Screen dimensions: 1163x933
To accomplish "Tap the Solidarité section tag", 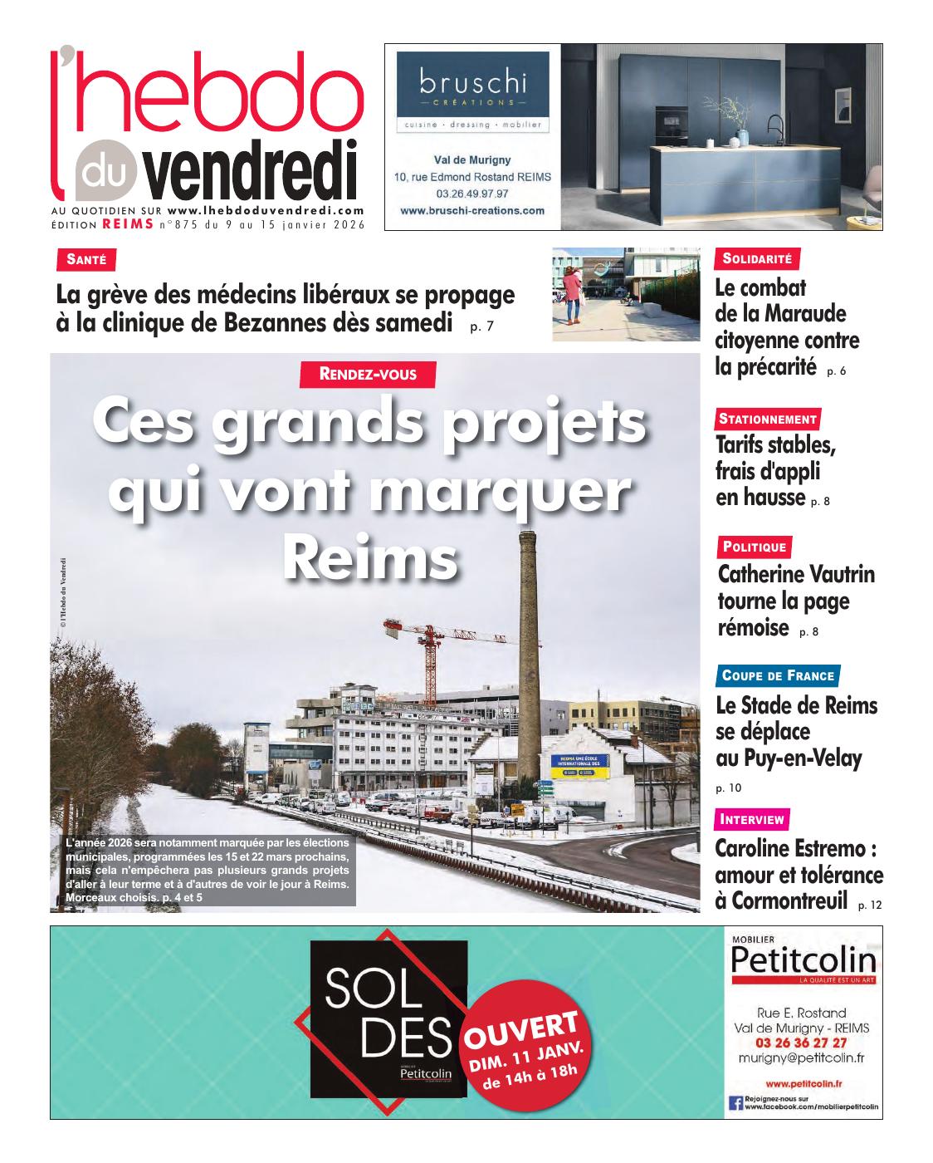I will (757, 258).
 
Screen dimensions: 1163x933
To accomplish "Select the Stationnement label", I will (768, 419).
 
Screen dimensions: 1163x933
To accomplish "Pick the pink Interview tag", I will (752, 819).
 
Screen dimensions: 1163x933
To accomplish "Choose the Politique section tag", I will (754, 547).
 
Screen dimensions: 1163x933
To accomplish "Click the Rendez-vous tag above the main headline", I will (368, 375).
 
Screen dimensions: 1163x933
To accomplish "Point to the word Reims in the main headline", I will (370, 560).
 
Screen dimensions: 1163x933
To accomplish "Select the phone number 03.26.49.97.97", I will (471, 193).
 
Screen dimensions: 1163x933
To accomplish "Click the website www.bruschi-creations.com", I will (472, 210).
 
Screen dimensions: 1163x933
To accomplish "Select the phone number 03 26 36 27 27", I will (801, 1043).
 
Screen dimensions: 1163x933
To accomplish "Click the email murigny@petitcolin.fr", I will (801, 1058).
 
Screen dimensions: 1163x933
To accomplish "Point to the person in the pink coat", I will (572, 295).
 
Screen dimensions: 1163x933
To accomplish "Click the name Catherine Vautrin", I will (795, 574).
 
